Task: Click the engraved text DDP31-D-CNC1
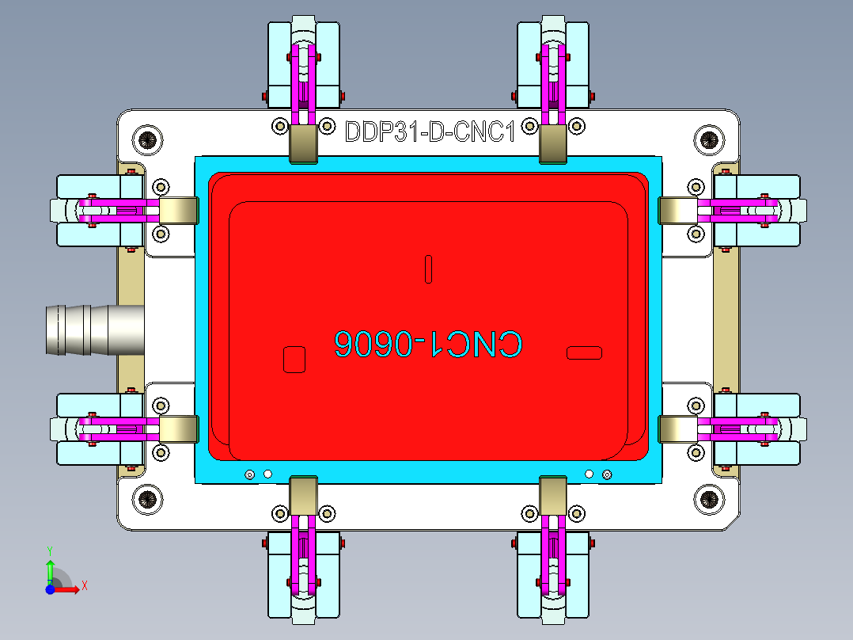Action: pos(430,131)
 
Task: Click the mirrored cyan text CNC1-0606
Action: pos(427,344)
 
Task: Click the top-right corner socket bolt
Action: pos(709,140)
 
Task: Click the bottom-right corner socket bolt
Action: pos(709,500)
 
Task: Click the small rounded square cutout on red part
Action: pos(294,359)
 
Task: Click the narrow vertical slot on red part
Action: pos(428,269)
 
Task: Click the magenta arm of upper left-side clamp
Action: pos(119,211)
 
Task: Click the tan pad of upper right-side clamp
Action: pos(677,211)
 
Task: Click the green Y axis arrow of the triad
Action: pos(50,569)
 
